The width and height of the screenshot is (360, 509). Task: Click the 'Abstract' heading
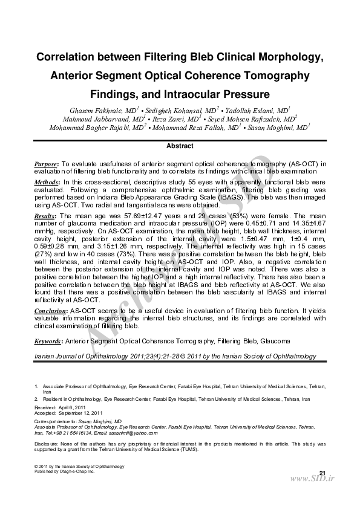click(180, 146)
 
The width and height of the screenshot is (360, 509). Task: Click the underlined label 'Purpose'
click(45, 164)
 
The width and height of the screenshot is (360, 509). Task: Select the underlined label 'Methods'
click(46, 182)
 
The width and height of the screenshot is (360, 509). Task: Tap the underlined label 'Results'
click(45, 216)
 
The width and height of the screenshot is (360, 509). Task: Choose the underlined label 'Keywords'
click(48, 342)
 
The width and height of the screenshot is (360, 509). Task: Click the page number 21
click(322, 472)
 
